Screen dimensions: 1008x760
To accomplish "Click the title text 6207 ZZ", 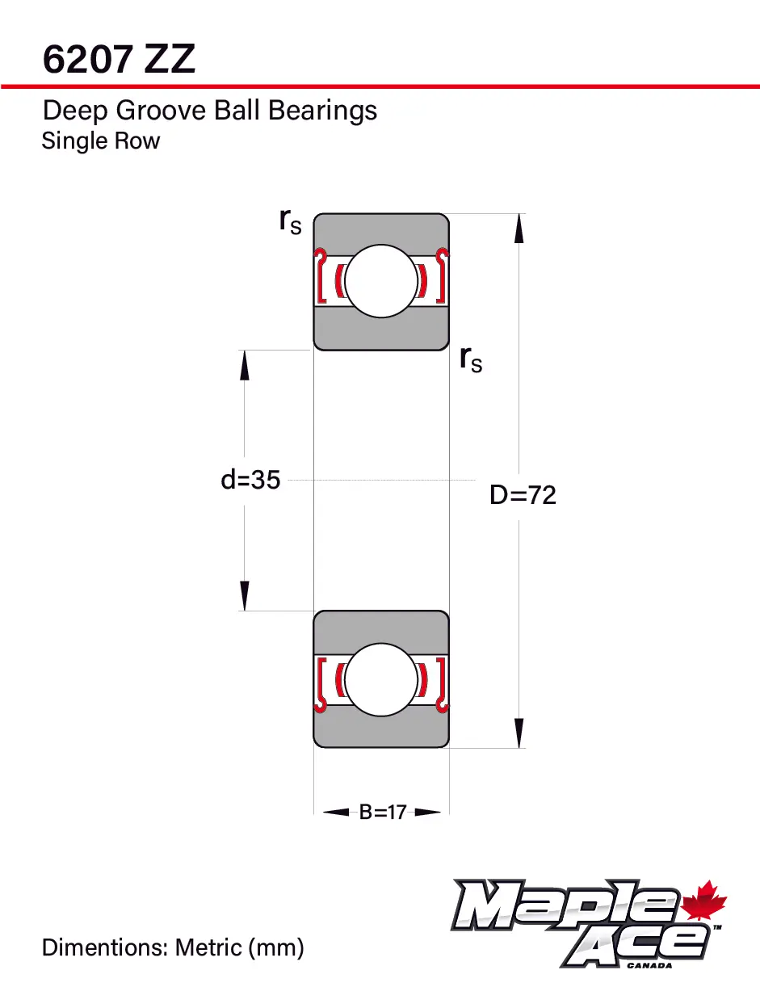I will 119,60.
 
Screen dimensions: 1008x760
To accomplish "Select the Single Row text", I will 101,141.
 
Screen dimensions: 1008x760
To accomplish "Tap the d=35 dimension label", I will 250,480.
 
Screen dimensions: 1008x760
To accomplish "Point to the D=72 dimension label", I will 523,495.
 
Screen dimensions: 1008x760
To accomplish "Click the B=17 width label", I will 382,813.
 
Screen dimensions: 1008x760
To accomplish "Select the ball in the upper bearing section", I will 381,281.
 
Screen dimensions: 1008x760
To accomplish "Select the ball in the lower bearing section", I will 381,679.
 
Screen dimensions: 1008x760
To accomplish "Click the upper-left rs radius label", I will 290,220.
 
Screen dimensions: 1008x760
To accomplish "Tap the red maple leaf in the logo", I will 705,902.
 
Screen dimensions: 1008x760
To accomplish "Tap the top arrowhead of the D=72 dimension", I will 519,228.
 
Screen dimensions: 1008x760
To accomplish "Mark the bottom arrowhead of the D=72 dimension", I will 519,733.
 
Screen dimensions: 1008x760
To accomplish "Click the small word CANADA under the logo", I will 649,964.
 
